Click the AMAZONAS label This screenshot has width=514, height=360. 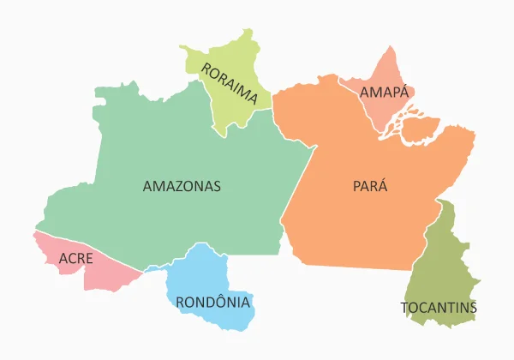[x=182, y=185]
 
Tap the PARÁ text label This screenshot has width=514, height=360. [x=370, y=185]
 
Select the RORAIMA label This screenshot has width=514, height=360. [x=229, y=83]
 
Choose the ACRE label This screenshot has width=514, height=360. [x=76, y=258]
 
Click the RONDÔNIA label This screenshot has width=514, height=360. [x=212, y=302]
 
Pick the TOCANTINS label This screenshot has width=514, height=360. [x=439, y=307]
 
